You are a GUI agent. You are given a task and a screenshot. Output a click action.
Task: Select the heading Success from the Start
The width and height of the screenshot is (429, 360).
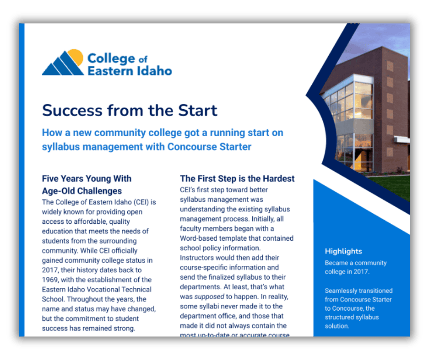pyautogui.click(x=130, y=110)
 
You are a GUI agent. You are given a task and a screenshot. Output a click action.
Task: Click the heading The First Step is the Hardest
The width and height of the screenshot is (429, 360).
pyautogui.click(x=237, y=178)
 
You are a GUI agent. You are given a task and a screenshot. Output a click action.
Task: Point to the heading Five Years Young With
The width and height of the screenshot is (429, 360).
pyautogui.click(x=87, y=178)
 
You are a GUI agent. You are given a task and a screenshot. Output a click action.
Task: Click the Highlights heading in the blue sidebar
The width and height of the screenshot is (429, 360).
pyautogui.click(x=343, y=251)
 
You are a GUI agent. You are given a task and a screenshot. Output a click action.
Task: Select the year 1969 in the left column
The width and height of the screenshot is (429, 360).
pyautogui.click(x=52, y=280)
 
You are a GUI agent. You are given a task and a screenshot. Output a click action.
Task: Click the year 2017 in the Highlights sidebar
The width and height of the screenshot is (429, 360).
pyautogui.click(x=361, y=272)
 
